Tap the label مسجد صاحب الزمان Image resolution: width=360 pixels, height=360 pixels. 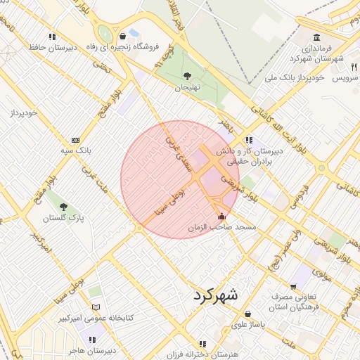pos(226,228)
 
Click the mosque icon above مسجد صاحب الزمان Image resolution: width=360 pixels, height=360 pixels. pos(223,216)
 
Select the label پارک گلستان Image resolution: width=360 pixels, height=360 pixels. pos(63,218)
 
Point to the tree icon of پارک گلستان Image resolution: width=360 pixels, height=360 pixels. pos(64,207)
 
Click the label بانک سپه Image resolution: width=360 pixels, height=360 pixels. pos(75,150)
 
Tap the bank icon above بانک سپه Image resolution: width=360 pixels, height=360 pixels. pos(75,139)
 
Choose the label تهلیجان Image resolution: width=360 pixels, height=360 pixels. pos(188,87)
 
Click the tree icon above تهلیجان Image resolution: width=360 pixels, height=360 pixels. pos(187,76)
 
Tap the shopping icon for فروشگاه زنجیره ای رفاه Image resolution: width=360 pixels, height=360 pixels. pos(123,36)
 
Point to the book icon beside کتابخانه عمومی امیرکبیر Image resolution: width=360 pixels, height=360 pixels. pos(96,307)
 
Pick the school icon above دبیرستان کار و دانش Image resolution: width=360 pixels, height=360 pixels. pos(250,139)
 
